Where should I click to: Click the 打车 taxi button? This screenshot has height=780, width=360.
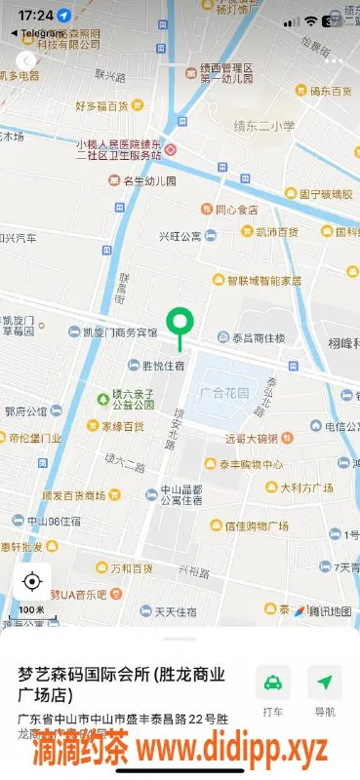pos(273,690)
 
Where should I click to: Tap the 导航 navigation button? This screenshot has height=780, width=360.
pos(325,690)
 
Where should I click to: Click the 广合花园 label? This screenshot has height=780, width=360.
pos(223,393)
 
